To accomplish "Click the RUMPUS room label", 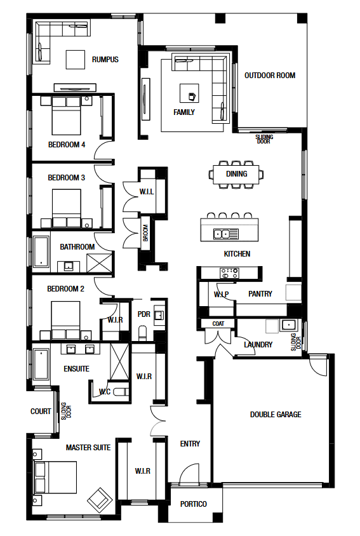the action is (105, 60).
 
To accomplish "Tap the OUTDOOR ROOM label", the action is (270, 76).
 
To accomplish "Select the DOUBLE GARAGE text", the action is (276, 415).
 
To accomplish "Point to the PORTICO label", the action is (194, 504).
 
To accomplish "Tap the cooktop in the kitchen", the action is (229, 273).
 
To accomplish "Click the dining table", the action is (236, 175).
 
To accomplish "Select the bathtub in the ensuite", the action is (41, 364).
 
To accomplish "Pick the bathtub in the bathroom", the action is (41, 251).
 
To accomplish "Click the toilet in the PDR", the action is (143, 333).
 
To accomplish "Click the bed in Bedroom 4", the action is (66, 116).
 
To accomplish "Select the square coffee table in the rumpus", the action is (75, 60).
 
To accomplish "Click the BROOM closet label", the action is (145, 233).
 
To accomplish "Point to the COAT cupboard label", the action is (218, 323).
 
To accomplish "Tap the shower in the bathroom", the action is (99, 262).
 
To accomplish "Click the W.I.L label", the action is (146, 192).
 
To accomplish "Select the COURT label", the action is (41, 412).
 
